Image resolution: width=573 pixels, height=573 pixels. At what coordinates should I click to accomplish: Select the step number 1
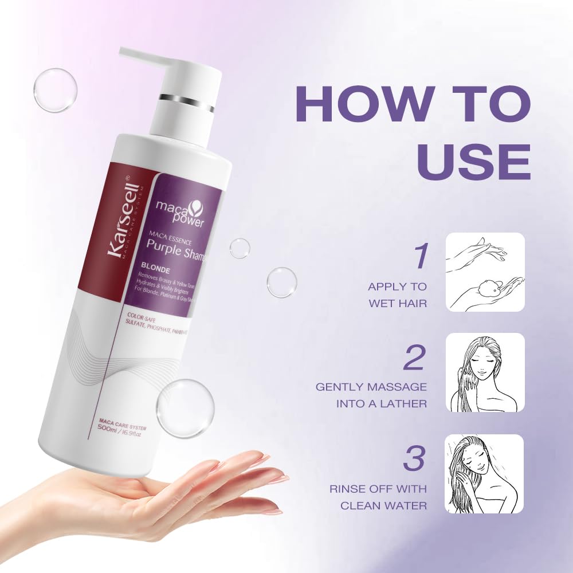[421, 256]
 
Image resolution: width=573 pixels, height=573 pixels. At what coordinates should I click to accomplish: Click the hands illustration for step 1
[485, 272]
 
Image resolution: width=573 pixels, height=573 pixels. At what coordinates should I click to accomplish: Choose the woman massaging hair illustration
[485, 372]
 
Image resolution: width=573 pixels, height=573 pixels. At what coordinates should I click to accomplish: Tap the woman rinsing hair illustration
[485, 473]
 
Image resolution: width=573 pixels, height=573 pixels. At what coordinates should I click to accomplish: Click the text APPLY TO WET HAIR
[398, 295]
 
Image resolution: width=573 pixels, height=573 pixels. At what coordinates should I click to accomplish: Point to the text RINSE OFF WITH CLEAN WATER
[378, 497]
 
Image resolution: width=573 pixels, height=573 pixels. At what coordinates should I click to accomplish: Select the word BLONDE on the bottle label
[151, 266]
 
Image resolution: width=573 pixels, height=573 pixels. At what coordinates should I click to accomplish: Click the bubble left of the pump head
[55, 90]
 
